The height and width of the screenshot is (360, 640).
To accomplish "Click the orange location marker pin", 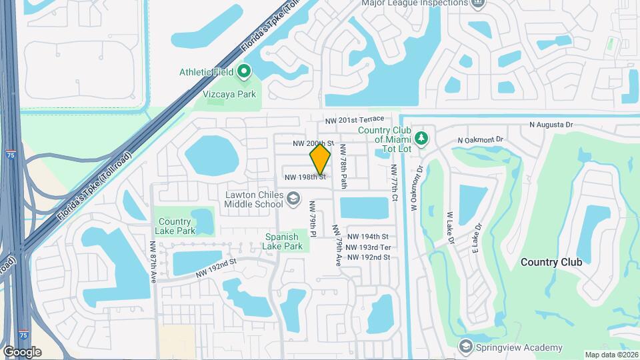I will pos(320,159).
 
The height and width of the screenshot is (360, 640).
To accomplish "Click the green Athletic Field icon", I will pos(245,71).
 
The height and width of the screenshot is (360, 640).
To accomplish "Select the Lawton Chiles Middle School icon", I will pos(293,199).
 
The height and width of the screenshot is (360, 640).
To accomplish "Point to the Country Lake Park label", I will pos(177,226).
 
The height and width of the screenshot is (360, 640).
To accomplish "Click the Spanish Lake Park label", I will pos(287,241).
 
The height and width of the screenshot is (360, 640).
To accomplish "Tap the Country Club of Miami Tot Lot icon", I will pos(421,139).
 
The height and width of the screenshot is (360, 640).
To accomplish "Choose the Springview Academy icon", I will pos(465,347).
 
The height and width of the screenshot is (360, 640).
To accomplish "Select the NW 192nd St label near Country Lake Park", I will pos(217,269).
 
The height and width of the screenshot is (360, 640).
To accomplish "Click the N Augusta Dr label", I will pos(551,124).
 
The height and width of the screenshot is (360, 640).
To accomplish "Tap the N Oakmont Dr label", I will pos(482,140).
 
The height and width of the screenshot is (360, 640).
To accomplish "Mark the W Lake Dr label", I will pos(450,227).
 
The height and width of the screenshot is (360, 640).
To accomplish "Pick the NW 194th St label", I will pos(368,237).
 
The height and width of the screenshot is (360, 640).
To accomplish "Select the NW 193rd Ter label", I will pos(368,247).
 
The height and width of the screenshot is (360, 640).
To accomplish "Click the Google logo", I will pos(22,352).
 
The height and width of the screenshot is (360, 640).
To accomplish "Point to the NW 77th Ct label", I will pos(395,184).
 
